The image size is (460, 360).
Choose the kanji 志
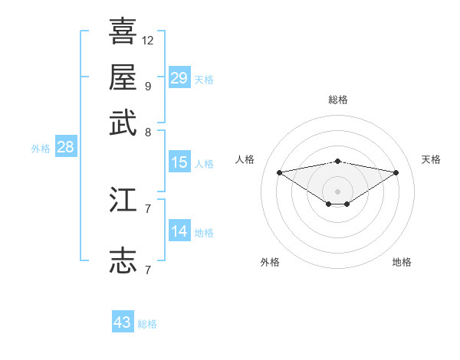(123, 260)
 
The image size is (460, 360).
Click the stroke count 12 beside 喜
(148, 40)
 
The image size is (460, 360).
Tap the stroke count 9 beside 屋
(147, 86)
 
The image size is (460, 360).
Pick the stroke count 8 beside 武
(147, 132)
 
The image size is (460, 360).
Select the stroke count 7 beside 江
(147, 208)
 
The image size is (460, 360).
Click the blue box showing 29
(179, 78)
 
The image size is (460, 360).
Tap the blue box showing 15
(179, 162)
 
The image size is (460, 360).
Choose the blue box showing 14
(179, 231)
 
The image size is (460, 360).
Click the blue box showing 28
(65, 148)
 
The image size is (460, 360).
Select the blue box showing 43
(123, 322)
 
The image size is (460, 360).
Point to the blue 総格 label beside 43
(147, 324)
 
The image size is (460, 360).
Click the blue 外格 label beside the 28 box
(41, 149)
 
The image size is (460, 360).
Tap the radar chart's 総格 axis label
(338, 100)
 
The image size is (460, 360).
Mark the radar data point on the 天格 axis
(396, 172)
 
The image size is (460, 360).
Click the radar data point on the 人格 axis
(279, 172)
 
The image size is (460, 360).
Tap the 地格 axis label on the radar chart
(402, 262)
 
